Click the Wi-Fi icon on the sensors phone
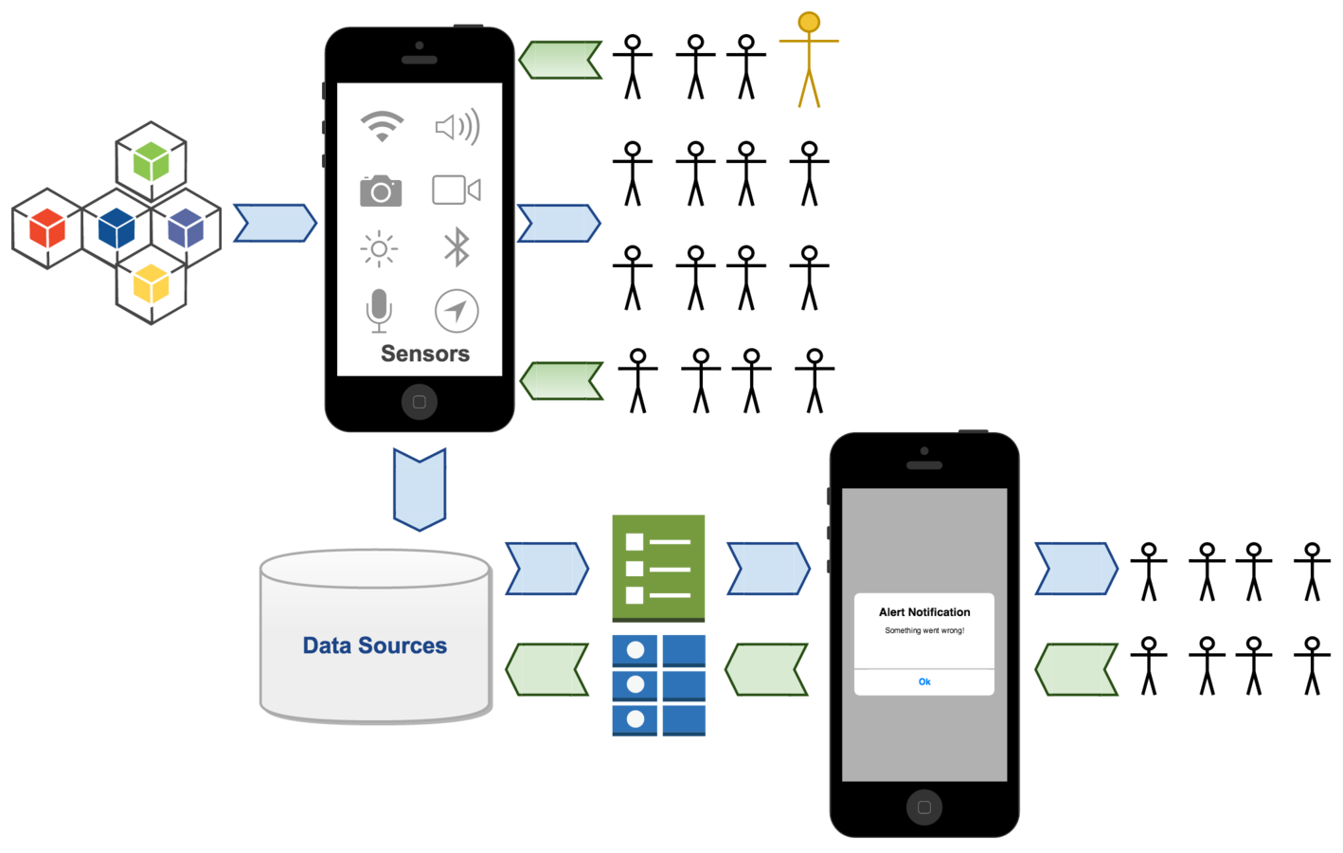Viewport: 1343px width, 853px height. click(382, 125)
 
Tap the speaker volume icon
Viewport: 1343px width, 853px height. click(457, 126)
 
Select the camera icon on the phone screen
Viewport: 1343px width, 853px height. click(381, 191)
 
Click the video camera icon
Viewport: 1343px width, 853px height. click(457, 190)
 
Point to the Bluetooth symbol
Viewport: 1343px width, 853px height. click(457, 248)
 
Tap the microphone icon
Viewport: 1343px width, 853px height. click(379, 310)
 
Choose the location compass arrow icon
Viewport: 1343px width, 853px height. click(457, 311)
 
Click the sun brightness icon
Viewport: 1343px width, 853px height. click(379, 249)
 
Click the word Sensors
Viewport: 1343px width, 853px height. click(425, 354)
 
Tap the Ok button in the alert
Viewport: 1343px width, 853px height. click(924, 681)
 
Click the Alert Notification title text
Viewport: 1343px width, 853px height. click(924, 612)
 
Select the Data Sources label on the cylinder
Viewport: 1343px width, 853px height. click(375, 645)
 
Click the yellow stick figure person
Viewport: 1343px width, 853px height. click(809, 60)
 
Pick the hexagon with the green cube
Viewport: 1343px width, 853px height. click(152, 160)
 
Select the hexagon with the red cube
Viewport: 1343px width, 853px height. click(46, 228)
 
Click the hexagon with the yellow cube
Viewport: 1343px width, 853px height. click(152, 284)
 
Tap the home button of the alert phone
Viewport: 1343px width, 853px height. click(924, 808)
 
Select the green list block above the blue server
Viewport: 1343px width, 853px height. click(658, 567)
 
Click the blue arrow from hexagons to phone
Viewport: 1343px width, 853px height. click(275, 224)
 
